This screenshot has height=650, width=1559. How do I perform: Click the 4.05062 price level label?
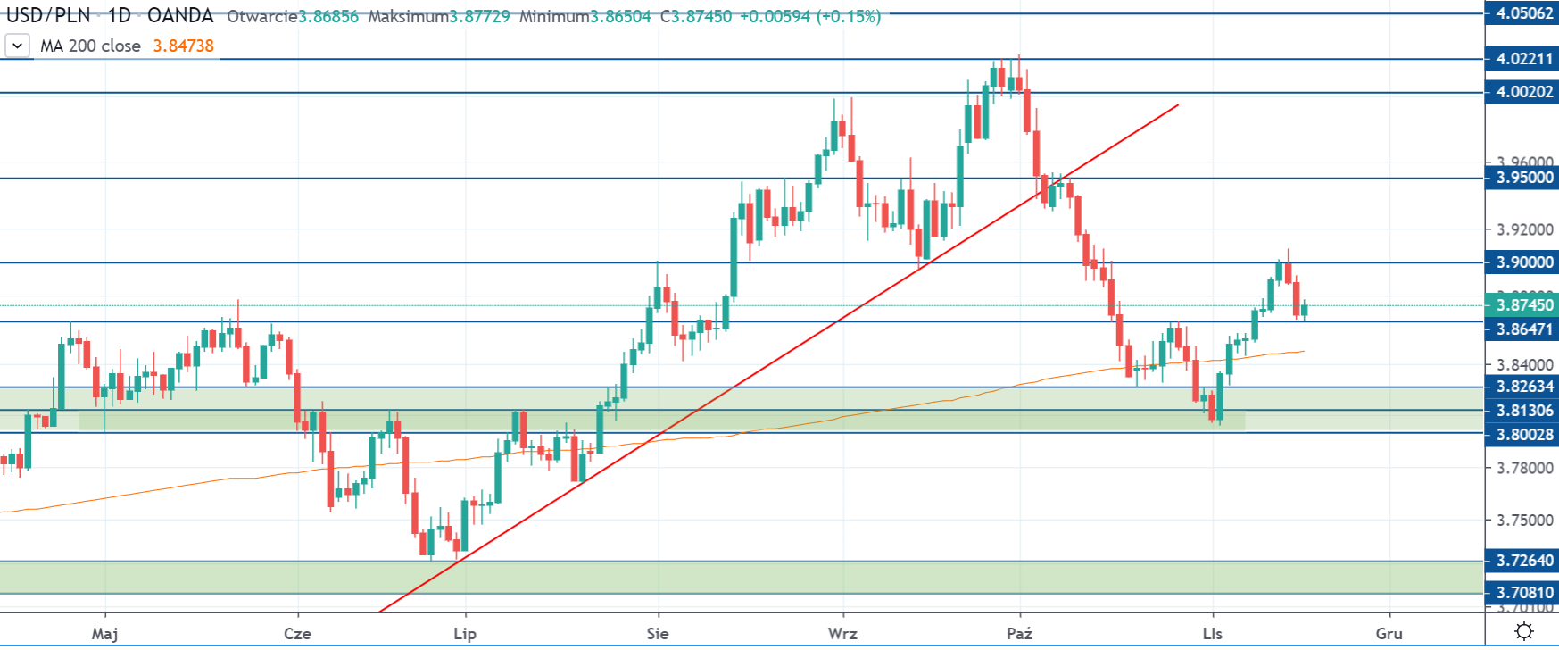pyautogui.click(x=1523, y=13)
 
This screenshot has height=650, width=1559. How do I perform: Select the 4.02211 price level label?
pyautogui.click(x=1523, y=59)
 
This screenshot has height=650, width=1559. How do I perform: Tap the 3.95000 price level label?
pyautogui.click(x=1523, y=178)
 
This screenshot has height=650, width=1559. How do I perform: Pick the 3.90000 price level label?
pyautogui.click(x=1523, y=262)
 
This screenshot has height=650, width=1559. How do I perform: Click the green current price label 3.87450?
pyautogui.click(x=1523, y=305)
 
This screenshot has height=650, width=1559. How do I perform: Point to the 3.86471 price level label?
pyautogui.click(x=1523, y=329)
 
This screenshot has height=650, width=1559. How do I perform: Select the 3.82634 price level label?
pyautogui.click(x=1523, y=387)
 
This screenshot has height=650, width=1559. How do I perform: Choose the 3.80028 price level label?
pyautogui.click(x=1523, y=435)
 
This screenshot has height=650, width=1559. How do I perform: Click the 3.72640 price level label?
pyautogui.click(x=1523, y=561)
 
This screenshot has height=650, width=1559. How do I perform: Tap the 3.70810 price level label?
pyautogui.click(x=1523, y=593)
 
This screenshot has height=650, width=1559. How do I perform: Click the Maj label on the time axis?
pyautogui.click(x=104, y=634)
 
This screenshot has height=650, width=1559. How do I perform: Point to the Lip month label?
pyautogui.click(x=465, y=634)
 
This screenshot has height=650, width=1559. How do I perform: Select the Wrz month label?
pyautogui.click(x=842, y=634)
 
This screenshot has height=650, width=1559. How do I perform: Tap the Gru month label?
pyautogui.click(x=1389, y=634)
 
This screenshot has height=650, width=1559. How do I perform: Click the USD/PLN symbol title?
pyautogui.click(x=48, y=16)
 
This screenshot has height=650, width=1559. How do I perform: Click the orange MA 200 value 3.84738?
pyautogui.click(x=183, y=46)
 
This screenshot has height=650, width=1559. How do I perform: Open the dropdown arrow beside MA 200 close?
pyautogui.click(x=17, y=46)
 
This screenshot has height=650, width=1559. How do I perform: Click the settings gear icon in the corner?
pyautogui.click(x=1524, y=632)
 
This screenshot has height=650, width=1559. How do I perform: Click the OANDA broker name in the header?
pyautogui.click(x=180, y=16)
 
